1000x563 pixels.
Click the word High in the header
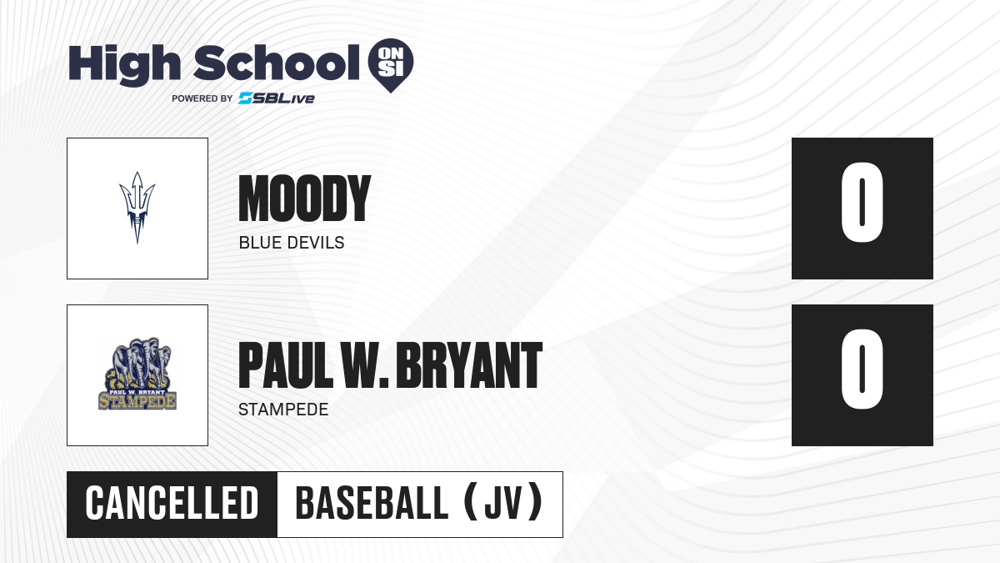[x=124, y=64]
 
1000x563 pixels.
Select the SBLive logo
[x=277, y=98]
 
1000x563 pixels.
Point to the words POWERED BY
[x=202, y=98]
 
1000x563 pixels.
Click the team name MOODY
[x=304, y=199]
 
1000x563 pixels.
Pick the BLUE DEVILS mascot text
[x=292, y=243]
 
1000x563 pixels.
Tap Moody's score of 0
[x=862, y=203]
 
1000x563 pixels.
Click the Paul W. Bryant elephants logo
[x=137, y=374]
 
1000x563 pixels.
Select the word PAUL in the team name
[x=286, y=365]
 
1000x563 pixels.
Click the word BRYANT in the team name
[x=468, y=365]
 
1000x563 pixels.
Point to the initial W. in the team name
[x=365, y=365]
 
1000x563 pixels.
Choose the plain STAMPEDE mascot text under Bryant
[x=283, y=410]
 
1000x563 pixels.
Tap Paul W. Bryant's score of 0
[x=862, y=369]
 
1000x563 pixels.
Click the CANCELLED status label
[x=172, y=504]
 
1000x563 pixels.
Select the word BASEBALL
[x=372, y=504]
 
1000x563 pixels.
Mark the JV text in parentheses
[x=502, y=504]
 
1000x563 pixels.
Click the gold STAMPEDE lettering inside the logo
[x=137, y=401]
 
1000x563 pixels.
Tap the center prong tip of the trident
[x=137, y=173]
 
